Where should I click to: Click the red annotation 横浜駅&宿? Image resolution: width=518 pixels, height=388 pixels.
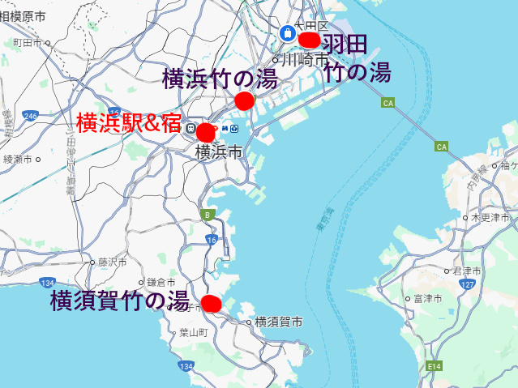(130, 122)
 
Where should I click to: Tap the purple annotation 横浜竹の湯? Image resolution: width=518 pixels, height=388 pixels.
(220, 79)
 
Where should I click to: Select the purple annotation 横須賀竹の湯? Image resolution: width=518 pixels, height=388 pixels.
(119, 301)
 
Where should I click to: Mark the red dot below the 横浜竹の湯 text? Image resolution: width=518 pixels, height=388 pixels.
(244, 100)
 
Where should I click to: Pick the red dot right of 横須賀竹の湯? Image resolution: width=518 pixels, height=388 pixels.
(211, 304)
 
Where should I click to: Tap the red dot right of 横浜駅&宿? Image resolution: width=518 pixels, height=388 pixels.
(205, 131)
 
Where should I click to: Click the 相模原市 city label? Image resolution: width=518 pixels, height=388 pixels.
(23, 17)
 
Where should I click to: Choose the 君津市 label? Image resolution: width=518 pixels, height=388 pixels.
(468, 271)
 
